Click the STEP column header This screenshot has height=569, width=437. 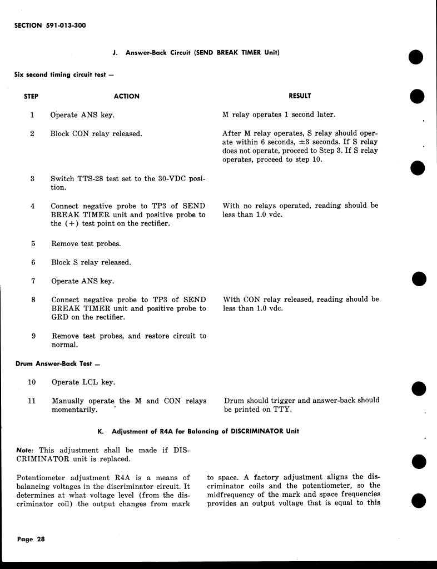[x=31, y=96]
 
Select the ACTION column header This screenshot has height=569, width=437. [x=126, y=96]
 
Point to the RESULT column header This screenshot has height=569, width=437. [x=300, y=96]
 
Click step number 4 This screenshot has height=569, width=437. [x=33, y=206]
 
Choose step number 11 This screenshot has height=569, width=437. [x=32, y=401]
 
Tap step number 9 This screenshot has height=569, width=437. [x=33, y=336]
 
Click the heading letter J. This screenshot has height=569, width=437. [x=115, y=53]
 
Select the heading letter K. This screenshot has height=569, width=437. [x=100, y=431]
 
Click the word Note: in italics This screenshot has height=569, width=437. [x=24, y=450]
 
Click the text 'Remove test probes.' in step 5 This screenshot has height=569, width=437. [x=86, y=243]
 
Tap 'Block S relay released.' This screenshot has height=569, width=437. [x=91, y=262]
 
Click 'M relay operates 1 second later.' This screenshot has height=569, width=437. [x=279, y=115]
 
